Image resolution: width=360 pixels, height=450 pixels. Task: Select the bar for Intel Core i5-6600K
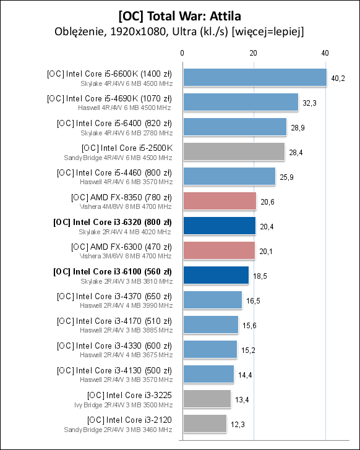click(x=254, y=77)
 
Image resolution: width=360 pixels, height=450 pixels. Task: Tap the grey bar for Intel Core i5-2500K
click(x=233, y=151)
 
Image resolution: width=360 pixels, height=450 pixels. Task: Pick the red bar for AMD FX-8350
click(x=219, y=201)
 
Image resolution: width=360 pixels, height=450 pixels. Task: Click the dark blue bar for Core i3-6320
click(x=219, y=226)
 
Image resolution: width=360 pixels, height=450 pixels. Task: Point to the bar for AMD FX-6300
click(x=218, y=250)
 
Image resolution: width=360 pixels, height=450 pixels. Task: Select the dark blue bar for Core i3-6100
click(x=215, y=275)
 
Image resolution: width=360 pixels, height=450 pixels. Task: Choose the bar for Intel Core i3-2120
click(x=204, y=423)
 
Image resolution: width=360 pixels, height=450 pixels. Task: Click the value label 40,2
click(x=338, y=78)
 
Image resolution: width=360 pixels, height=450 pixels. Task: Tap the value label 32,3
click(x=309, y=103)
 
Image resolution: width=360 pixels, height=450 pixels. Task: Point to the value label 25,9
click(x=286, y=177)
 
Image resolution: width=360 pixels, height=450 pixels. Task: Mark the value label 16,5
click(x=253, y=300)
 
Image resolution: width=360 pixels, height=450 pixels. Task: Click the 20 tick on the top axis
click(x=253, y=54)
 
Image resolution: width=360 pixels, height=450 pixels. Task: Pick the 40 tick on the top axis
click(x=325, y=54)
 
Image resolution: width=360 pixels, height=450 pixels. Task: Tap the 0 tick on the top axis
click(x=182, y=54)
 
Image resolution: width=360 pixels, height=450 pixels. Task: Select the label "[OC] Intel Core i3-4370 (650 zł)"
click(x=114, y=295)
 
